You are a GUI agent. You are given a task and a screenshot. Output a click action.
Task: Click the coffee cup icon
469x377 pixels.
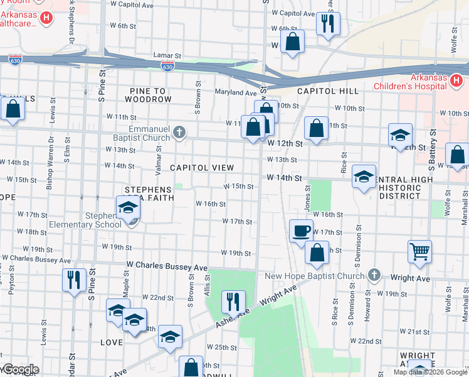pyautogui.click(x=301, y=230)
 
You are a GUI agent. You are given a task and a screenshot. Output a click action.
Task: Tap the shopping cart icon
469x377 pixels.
pyautogui.click(x=419, y=251)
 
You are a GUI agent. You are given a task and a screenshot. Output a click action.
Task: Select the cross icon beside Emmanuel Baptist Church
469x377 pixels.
pyautogui.click(x=180, y=132)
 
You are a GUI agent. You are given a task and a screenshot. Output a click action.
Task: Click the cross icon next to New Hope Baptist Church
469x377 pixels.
pyautogui.click(x=374, y=275)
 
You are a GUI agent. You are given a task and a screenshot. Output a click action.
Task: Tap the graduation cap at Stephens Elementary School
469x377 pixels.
pyautogui.click(x=128, y=207)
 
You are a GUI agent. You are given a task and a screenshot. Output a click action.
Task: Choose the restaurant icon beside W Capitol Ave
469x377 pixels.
pyautogui.click(x=327, y=23)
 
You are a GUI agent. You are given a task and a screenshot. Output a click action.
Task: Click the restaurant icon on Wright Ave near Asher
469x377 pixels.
pyautogui.click(x=233, y=302)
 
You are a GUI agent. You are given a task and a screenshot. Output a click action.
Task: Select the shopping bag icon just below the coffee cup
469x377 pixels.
pyautogui.click(x=317, y=253)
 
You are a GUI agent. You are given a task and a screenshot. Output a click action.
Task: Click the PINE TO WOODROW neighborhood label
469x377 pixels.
pyautogui.click(x=147, y=95)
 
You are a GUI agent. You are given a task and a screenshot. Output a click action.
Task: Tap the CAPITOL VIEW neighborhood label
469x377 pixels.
pyautogui.click(x=202, y=168)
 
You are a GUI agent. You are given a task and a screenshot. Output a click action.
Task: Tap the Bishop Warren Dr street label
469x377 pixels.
pyautogui.click(x=50, y=164)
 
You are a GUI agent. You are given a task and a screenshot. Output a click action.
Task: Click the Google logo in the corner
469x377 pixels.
pyautogui.click(x=20, y=370)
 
